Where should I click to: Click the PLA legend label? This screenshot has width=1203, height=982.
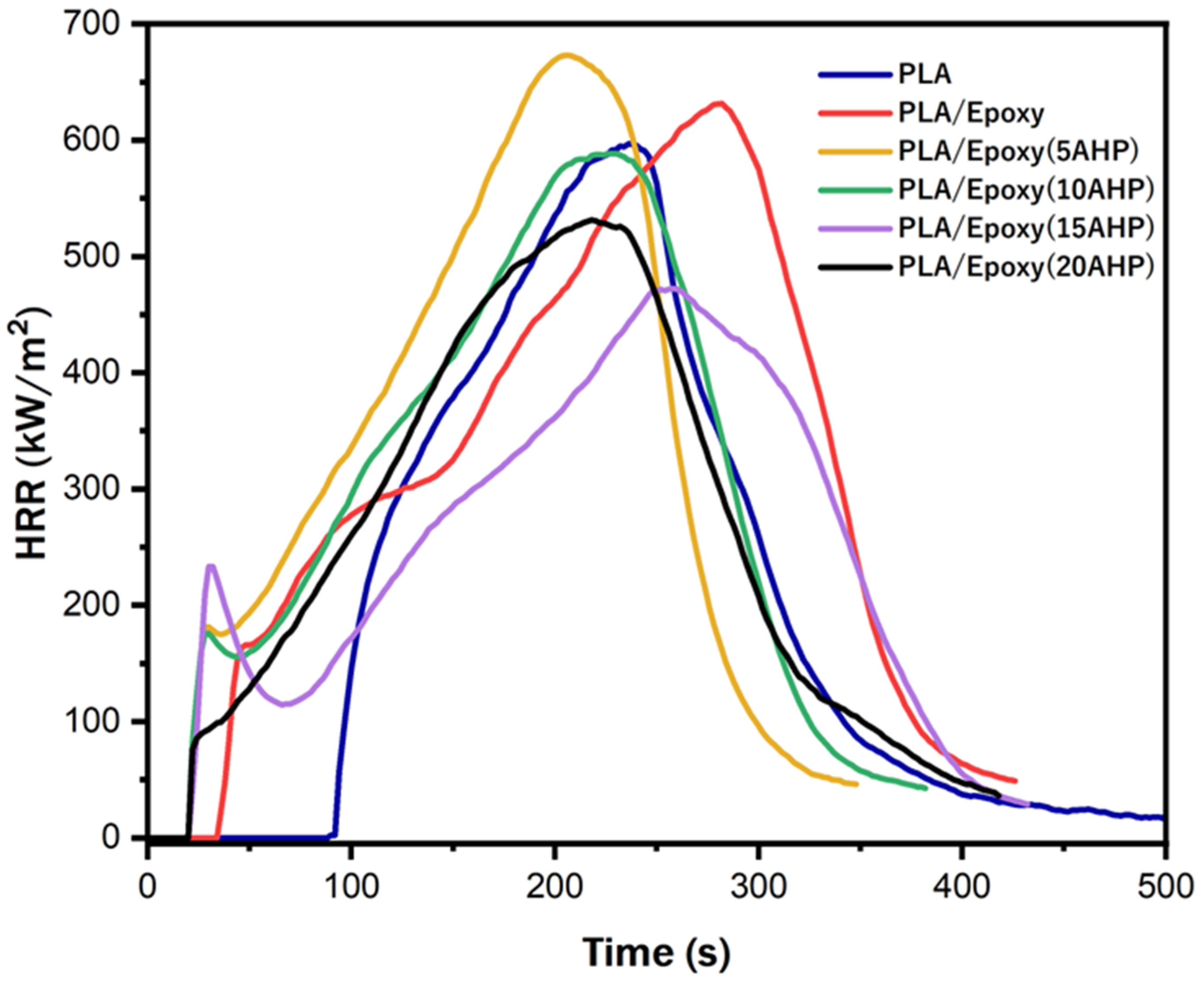[925, 75]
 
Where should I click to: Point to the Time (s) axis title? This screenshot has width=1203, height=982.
[656, 952]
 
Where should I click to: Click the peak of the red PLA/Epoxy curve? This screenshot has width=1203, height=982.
[719, 103]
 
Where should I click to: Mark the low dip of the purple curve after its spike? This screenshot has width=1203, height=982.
[286, 704]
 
